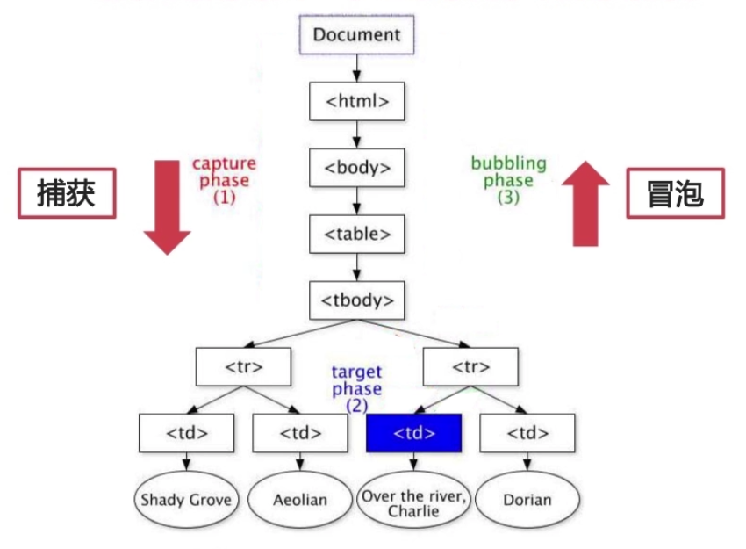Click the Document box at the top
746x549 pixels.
(356, 36)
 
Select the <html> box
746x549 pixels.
(357, 101)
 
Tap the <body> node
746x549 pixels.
(357, 168)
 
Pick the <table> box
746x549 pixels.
(357, 234)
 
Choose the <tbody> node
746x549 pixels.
(357, 300)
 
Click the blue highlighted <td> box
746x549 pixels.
(413, 433)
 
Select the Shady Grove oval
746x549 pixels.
(187, 500)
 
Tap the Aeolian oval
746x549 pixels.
(300, 500)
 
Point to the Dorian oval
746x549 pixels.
(527, 500)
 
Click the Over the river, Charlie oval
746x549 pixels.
(413, 502)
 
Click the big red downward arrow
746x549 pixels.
(168, 205)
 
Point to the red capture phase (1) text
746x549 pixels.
(225, 180)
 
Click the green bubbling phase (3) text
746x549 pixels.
(508, 180)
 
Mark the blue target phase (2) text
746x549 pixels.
(356, 388)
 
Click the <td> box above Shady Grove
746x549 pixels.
(187, 433)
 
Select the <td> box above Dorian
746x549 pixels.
(527, 433)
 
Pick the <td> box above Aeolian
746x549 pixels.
(300, 433)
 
